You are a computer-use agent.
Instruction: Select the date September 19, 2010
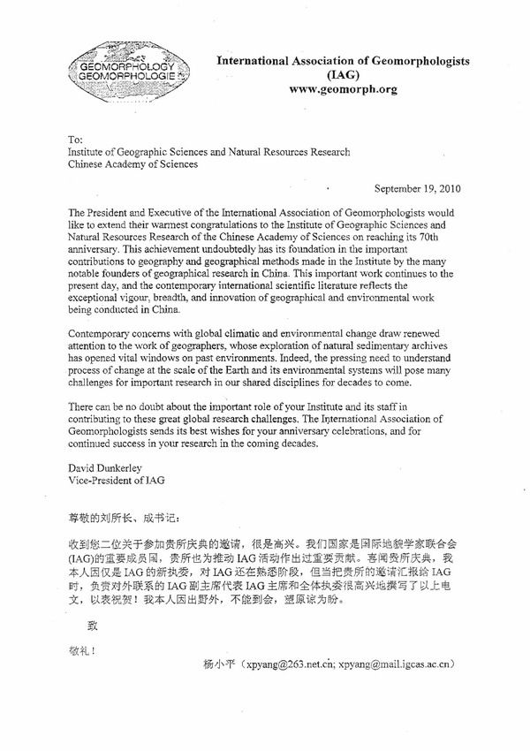pyautogui.click(x=418, y=188)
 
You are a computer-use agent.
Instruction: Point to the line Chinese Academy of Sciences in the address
pyautogui.click(x=133, y=163)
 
